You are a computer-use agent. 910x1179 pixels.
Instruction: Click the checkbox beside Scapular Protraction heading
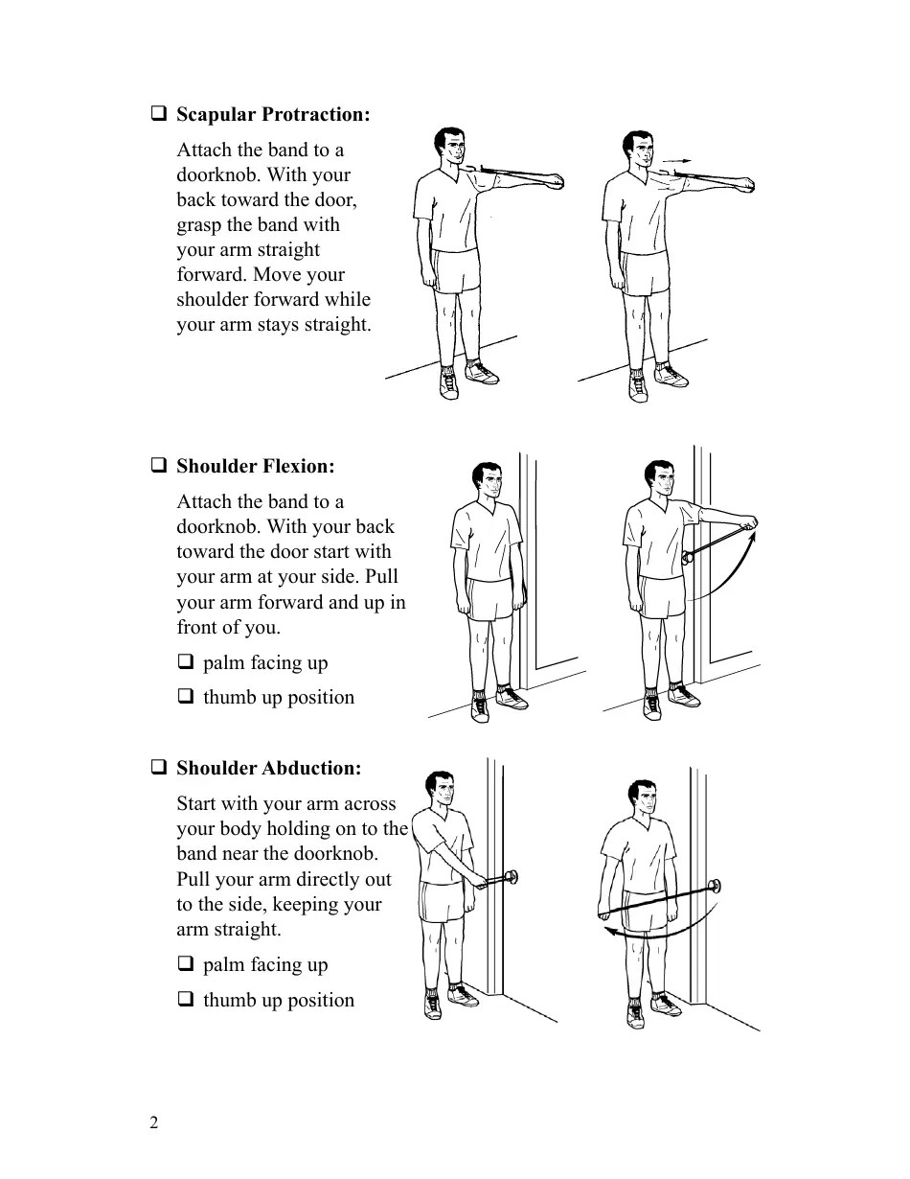(x=158, y=114)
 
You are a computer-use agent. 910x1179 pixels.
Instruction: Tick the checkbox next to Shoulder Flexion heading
(x=158, y=466)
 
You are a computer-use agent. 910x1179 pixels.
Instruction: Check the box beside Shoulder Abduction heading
(x=158, y=768)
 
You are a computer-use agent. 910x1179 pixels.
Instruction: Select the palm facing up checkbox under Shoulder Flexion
(x=185, y=662)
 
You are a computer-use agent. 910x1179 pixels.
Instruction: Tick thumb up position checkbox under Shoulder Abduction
(x=185, y=1000)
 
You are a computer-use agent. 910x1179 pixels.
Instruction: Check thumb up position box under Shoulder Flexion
(x=185, y=697)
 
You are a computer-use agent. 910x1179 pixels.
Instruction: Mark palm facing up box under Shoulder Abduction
(x=185, y=964)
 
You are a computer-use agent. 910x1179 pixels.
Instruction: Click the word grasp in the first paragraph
(x=198, y=225)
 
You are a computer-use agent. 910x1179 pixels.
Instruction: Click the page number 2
(x=154, y=1123)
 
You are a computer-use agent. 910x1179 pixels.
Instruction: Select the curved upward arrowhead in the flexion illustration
(x=752, y=537)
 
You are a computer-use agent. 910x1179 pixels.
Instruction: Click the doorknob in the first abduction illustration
(x=512, y=874)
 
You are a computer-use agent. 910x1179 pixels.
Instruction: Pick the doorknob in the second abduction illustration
(x=714, y=886)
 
